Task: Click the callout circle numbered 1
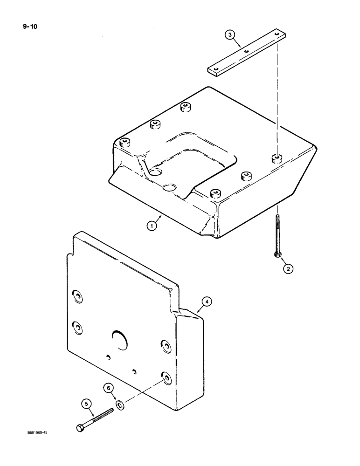pos(151,226)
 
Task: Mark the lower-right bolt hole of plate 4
pos(165,376)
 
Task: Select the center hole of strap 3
pos(246,52)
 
